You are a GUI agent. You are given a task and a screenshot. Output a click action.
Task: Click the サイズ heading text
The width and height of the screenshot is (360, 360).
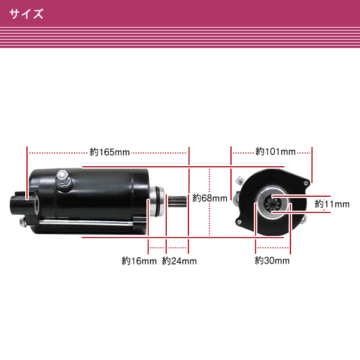(x=26, y=14)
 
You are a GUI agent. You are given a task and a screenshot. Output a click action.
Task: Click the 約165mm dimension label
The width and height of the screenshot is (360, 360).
(x=110, y=152)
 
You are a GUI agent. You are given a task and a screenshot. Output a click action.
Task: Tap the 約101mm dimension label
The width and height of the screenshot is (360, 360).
(x=275, y=152)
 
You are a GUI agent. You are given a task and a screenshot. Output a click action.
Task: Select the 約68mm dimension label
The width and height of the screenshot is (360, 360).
(x=209, y=198)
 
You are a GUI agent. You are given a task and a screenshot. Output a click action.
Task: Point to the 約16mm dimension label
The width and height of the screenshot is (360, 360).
(x=139, y=261)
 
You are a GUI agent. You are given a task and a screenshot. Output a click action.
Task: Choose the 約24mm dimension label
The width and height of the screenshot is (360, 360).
(x=179, y=261)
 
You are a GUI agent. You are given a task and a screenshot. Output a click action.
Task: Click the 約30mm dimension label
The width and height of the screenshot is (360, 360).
(x=272, y=260)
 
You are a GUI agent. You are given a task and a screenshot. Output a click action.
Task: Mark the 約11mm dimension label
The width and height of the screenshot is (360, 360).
(x=332, y=204)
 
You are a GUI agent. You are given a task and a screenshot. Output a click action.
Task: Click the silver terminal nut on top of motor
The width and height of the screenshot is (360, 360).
(x=64, y=178)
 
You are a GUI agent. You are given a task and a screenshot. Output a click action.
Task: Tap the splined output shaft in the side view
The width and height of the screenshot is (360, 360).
(x=177, y=201)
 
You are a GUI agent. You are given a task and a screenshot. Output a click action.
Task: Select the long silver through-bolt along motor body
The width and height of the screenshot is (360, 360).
(x=86, y=222)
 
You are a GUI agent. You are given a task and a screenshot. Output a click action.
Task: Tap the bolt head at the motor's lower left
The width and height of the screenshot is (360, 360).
(x=23, y=222)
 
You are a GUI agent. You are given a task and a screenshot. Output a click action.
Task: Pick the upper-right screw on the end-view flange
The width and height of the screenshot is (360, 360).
(x=305, y=183)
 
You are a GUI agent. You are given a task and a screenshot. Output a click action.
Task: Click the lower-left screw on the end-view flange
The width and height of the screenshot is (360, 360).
(x=239, y=222)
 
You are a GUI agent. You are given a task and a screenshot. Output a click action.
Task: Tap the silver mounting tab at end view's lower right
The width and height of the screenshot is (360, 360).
(x=304, y=218)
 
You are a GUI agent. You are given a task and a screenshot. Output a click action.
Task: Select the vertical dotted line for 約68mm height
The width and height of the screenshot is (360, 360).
(x=209, y=202)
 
